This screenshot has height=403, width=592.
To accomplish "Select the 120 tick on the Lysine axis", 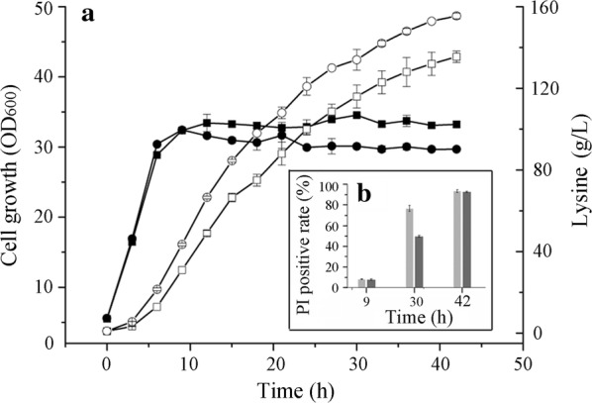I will tap(543, 89).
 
